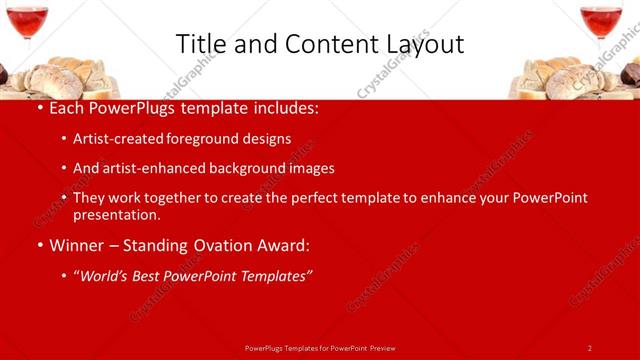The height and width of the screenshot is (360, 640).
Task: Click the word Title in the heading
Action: [200, 44]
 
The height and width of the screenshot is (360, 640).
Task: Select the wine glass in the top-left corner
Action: [27, 22]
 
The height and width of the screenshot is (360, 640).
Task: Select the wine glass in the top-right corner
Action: [601, 22]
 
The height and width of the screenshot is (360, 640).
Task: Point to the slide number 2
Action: [590, 348]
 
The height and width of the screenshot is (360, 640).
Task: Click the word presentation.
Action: [116, 214]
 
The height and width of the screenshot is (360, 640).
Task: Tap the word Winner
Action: [78, 245]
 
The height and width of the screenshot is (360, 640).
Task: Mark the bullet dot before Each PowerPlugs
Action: [39, 108]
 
